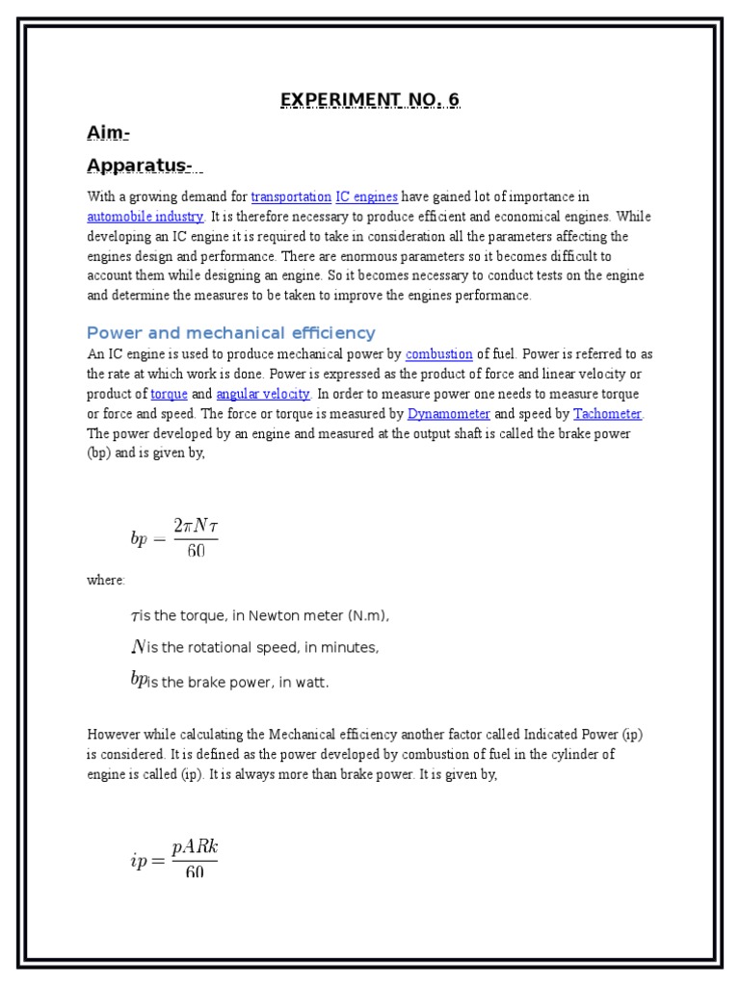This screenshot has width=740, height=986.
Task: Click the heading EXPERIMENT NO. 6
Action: [370, 100]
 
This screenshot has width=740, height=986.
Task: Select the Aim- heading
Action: [108, 133]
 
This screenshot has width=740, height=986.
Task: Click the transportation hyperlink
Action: [291, 197]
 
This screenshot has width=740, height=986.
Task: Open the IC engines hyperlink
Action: [366, 197]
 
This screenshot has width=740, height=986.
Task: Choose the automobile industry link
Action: [145, 217]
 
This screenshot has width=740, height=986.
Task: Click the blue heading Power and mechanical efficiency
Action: [230, 333]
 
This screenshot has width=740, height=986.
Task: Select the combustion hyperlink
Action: [438, 354]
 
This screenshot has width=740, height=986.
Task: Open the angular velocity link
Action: [263, 394]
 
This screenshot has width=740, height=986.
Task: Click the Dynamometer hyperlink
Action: [448, 414]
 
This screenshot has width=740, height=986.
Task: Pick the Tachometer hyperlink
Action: [607, 414]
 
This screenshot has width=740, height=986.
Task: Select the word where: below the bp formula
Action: [106, 580]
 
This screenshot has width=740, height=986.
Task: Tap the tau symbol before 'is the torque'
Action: [134, 616]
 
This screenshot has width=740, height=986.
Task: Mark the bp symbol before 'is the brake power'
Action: [138, 680]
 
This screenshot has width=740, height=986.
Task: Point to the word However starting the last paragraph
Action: [115, 735]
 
